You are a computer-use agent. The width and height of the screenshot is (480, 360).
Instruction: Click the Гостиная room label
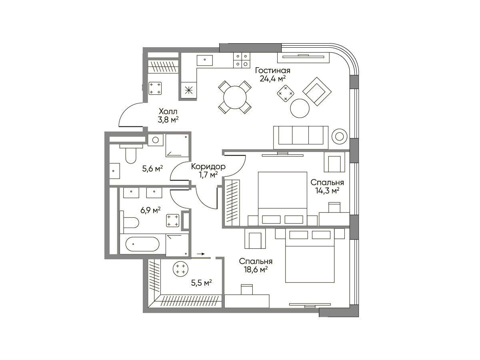coord(273,71)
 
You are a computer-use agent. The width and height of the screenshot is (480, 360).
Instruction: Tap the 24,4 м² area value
coord(273,78)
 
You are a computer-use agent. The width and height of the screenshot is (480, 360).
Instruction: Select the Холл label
coord(168,112)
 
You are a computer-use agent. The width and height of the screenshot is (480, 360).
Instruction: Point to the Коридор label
coord(208,166)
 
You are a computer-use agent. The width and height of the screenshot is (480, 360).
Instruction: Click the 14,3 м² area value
coord(327,191)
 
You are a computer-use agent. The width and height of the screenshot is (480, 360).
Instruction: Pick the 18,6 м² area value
coord(256,270)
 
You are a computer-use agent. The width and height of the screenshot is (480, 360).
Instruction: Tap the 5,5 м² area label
coord(202,283)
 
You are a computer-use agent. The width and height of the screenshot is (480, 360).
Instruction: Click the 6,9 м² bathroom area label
coord(150,210)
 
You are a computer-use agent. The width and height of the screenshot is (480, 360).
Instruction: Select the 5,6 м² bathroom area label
coord(152,168)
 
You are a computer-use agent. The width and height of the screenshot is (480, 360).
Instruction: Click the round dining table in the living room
coord(235,97)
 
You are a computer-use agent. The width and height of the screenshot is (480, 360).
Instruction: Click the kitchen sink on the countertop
coord(205,60)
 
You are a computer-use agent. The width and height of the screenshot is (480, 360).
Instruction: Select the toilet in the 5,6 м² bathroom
coord(131,154)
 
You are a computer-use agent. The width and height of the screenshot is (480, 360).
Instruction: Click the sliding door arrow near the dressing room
coord(201,254)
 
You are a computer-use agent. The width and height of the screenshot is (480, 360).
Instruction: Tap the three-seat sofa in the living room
coord(301,138)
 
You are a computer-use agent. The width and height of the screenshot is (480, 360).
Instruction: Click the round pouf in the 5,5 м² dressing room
coord(181,269)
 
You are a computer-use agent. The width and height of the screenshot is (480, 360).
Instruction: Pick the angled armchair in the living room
coord(317,91)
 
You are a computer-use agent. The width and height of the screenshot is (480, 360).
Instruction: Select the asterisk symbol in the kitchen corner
coord(189,90)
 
